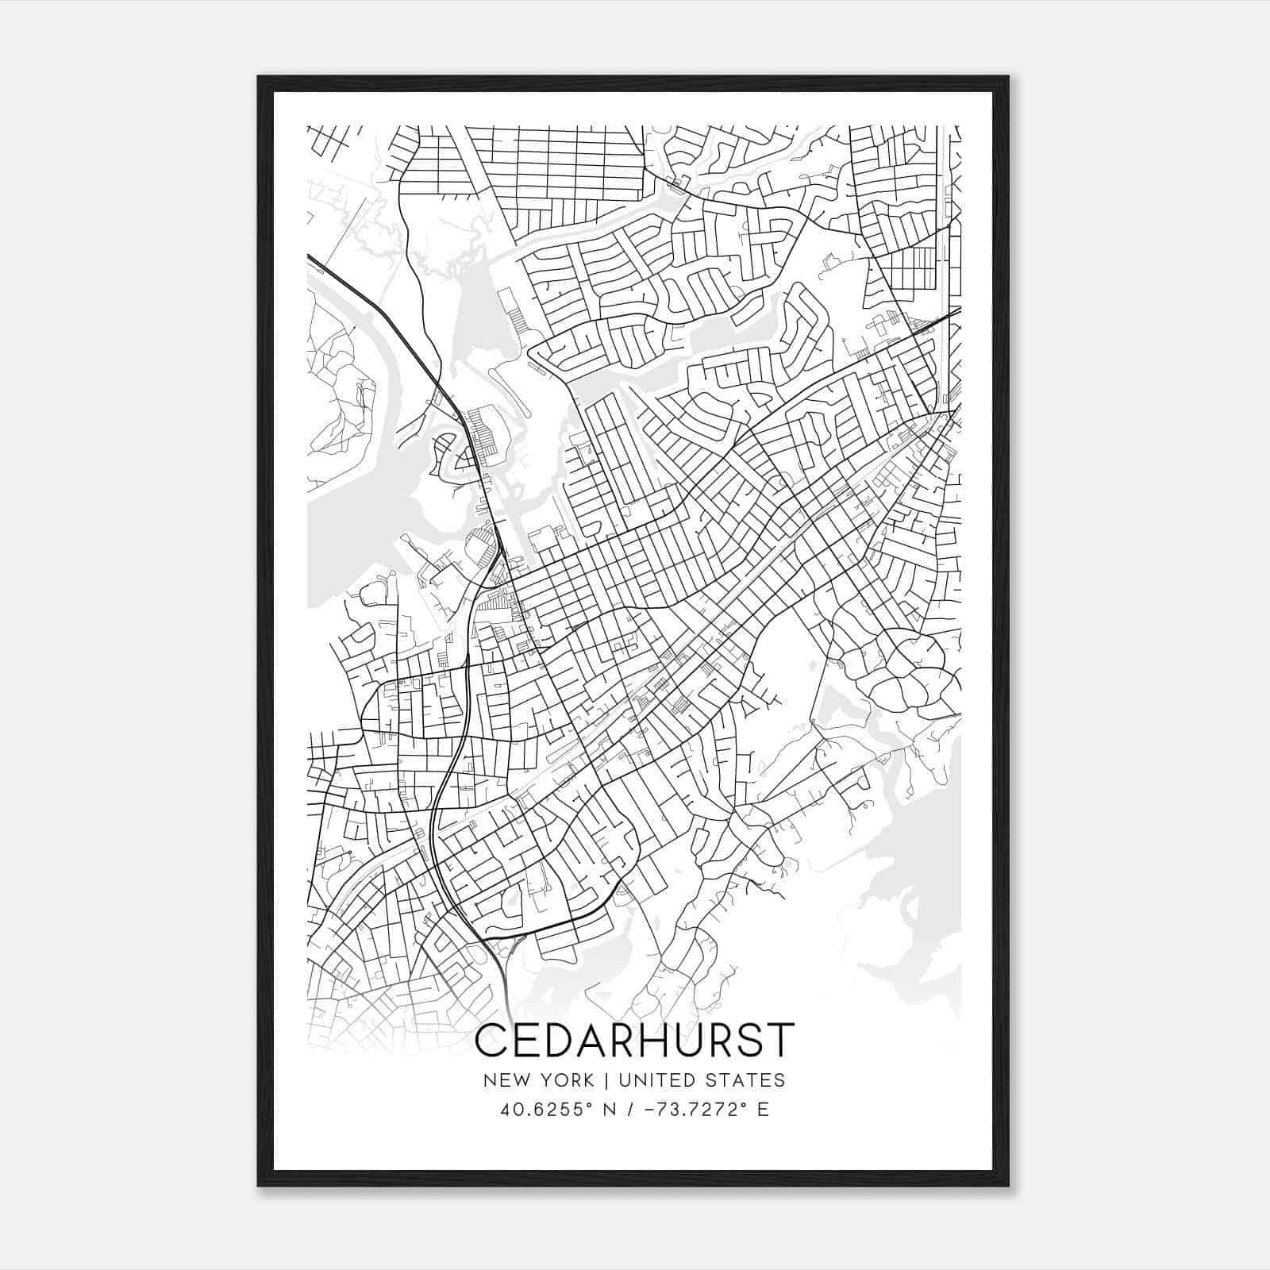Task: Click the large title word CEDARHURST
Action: pos(634,1041)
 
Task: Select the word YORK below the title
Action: pos(567,1080)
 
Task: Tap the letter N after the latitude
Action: pos(610,1110)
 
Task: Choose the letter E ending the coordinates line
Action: pos(763,1110)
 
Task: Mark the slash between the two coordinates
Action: pos(630,1110)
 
